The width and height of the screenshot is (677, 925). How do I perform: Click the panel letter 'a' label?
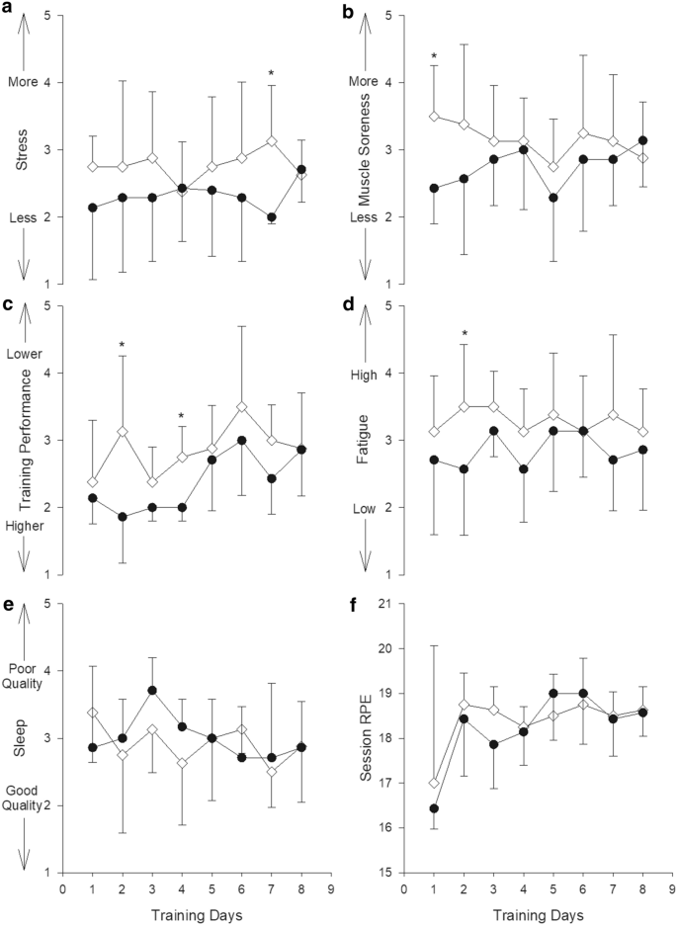click(7, 10)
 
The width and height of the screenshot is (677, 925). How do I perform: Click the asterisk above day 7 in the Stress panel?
click(270, 74)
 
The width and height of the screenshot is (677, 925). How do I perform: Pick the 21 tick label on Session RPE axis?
click(387, 604)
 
